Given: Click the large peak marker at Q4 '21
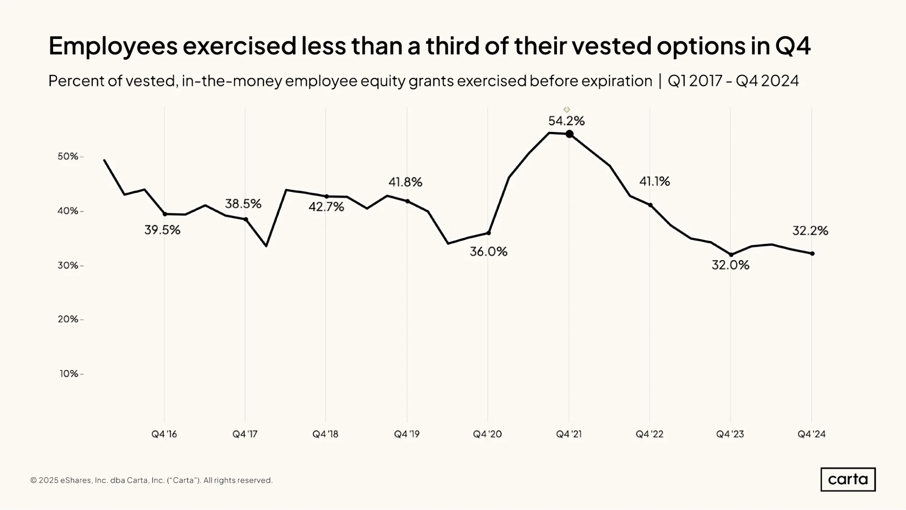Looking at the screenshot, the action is pos(569,134).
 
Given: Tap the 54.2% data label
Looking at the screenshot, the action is pos(567,121).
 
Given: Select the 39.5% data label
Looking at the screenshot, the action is pos(162,230).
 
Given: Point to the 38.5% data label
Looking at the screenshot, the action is pos(243,204).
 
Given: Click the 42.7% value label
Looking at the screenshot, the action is pos(326,207).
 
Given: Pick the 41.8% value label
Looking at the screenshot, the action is pos(405,182).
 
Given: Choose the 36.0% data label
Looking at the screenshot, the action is pos(489,252).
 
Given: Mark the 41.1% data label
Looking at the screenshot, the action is pos(654,181).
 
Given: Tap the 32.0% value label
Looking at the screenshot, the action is pos(731,265).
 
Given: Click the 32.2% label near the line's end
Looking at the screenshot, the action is pos(810,231).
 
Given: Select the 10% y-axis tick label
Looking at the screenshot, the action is pos(69,374).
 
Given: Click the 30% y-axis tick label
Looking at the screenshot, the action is pos(68,265).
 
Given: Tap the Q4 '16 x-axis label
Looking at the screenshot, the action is pos(164,434).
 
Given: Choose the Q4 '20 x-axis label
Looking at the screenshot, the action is pos(487,434).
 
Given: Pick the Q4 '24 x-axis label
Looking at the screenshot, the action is pos(811,434).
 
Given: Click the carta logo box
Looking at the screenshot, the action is pos(848,479).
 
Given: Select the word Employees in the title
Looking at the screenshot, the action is pos(113,46).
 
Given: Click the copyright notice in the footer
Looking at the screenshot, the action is pos(151,480).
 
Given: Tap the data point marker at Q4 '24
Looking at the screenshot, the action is pos(812,254).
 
